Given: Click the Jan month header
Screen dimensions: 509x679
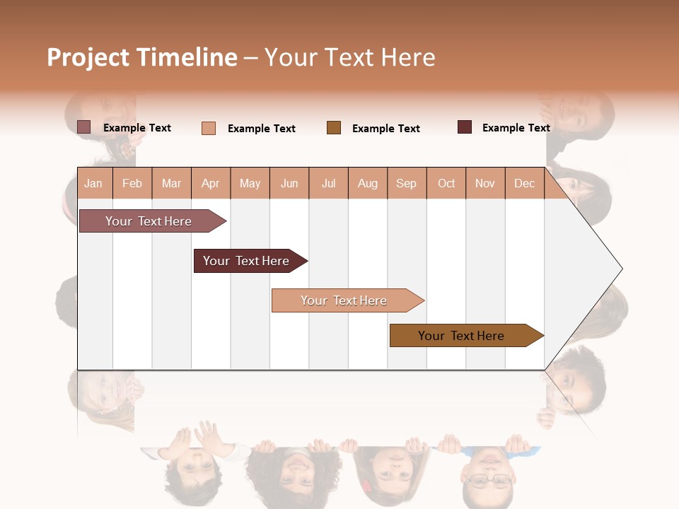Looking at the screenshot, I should point(93,183).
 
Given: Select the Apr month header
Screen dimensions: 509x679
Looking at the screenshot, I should point(210,183).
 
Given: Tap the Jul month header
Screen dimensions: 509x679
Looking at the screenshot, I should point(328,183).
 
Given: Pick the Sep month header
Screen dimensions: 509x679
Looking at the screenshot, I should point(406,183).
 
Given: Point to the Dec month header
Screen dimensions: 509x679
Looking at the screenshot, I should point(524,183).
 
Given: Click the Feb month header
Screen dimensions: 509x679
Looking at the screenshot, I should point(132,183).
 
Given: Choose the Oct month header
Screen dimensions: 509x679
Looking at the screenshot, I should point(446,183).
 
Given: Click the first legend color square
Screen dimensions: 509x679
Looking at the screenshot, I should point(84,127).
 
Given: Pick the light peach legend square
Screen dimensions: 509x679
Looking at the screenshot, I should point(209,128).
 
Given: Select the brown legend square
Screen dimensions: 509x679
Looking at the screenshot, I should point(334,127).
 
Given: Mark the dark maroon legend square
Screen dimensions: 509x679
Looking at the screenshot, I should point(465,127).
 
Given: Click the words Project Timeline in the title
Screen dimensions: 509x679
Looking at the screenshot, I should point(142,57).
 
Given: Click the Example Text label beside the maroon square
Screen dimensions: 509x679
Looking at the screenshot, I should point(516,128).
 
